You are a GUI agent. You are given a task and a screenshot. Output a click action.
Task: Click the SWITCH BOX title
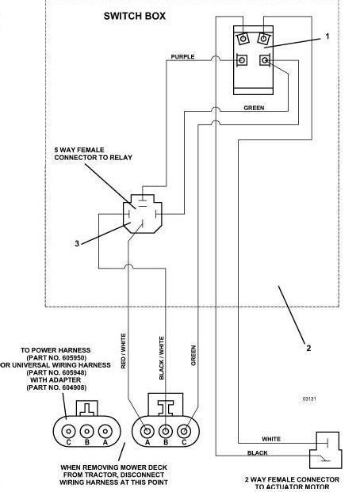pyautogui.click(x=135, y=16)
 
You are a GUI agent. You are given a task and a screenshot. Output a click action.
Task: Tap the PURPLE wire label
pyautogui.click(x=182, y=57)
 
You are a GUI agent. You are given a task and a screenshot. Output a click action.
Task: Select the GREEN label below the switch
pyautogui.click(x=254, y=108)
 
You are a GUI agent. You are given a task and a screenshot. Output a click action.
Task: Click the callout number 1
pyautogui.click(x=327, y=36)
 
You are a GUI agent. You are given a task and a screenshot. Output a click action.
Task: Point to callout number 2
pyautogui.click(x=308, y=348)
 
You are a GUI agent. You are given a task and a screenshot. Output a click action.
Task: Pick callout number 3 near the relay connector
pyautogui.click(x=77, y=243)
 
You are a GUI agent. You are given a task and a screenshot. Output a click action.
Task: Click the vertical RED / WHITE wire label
pyautogui.click(x=123, y=351)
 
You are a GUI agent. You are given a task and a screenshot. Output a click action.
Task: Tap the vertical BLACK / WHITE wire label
pyautogui.click(x=162, y=358)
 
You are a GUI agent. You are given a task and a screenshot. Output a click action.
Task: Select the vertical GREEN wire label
pyautogui.click(x=193, y=356)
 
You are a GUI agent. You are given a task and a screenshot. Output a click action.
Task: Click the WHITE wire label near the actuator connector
pyautogui.click(x=271, y=439)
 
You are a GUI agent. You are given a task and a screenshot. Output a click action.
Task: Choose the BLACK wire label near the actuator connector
pyautogui.click(x=257, y=452)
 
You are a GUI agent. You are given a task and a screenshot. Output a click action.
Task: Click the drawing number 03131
pyautogui.click(x=309, y=399)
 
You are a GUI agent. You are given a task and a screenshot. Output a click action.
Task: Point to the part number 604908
pyautogui.click(x=74, y=387)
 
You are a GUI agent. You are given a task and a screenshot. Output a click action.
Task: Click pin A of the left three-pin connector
pyautogui.click(x=105, y=431)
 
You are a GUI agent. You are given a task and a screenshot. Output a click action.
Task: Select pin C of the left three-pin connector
pyautogui.click(x=68, y=431)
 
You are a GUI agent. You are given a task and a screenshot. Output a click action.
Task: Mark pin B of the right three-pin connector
pyautogui.click(x=166, y=432)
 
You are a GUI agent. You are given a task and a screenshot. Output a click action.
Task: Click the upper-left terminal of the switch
pyautogui.click(x=243, y=39)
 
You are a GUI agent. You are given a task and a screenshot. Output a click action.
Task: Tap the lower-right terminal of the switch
pyautogui.click(x=265, y=59)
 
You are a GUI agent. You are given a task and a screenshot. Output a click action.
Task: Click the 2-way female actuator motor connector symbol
pyautogui.click(x=325, y=450)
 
